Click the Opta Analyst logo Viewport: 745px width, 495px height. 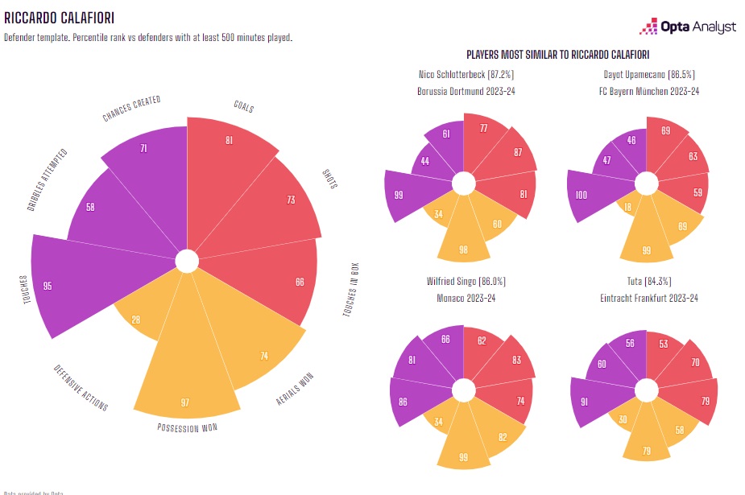click(688, 27)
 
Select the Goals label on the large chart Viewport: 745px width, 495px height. click(243, 107)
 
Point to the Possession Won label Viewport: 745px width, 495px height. click(187, 427)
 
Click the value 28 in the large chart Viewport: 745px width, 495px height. click(136, 320)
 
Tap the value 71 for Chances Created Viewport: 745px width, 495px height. click(143, 149)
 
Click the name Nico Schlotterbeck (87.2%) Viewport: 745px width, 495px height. click(466, 76)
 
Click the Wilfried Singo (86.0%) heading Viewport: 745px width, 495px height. click(466, 282)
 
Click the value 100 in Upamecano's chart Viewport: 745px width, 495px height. click(581, 196)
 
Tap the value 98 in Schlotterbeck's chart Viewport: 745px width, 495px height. click(463, 249)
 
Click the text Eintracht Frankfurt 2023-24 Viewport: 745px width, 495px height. click(649, 298)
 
